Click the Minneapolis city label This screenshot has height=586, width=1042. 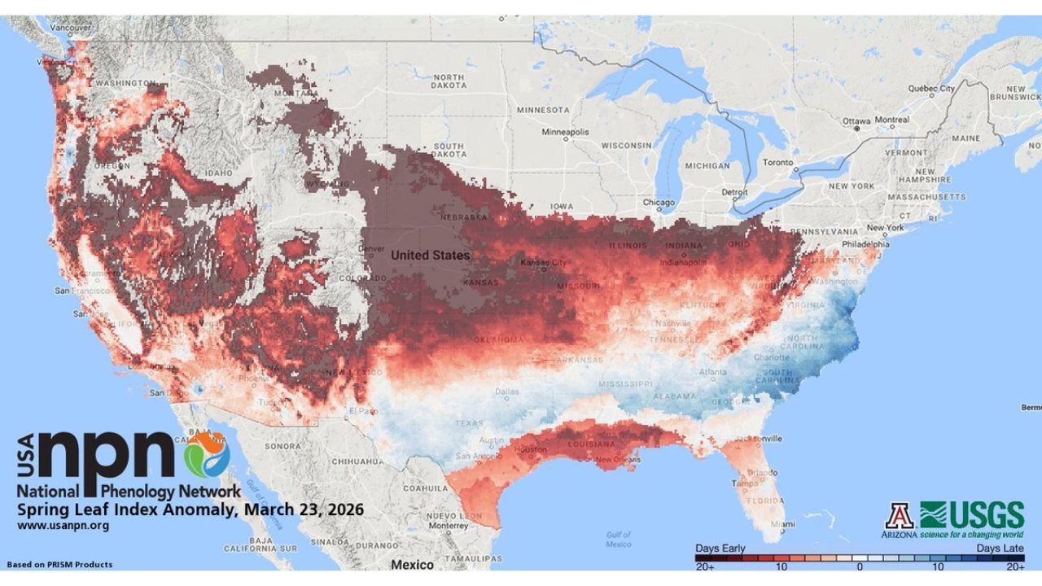pos(565,131)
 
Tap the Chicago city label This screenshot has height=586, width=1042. pos(659,202)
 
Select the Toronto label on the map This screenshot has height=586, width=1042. pos(777,163)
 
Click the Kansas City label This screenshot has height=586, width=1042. pos(545,263)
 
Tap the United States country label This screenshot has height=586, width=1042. pos(430,255)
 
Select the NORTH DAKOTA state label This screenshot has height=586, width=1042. pos(449,81)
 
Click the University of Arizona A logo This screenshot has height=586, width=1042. pos(900,516)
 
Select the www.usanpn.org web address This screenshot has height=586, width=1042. pos(63,526)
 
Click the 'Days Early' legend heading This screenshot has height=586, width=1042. pos(719,549)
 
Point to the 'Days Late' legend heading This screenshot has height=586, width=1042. pos(1000,549)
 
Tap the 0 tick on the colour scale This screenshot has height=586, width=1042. pos(860,566)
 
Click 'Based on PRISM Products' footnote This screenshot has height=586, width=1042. pos(60,564)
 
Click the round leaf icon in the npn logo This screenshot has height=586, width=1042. pos(207,454)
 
